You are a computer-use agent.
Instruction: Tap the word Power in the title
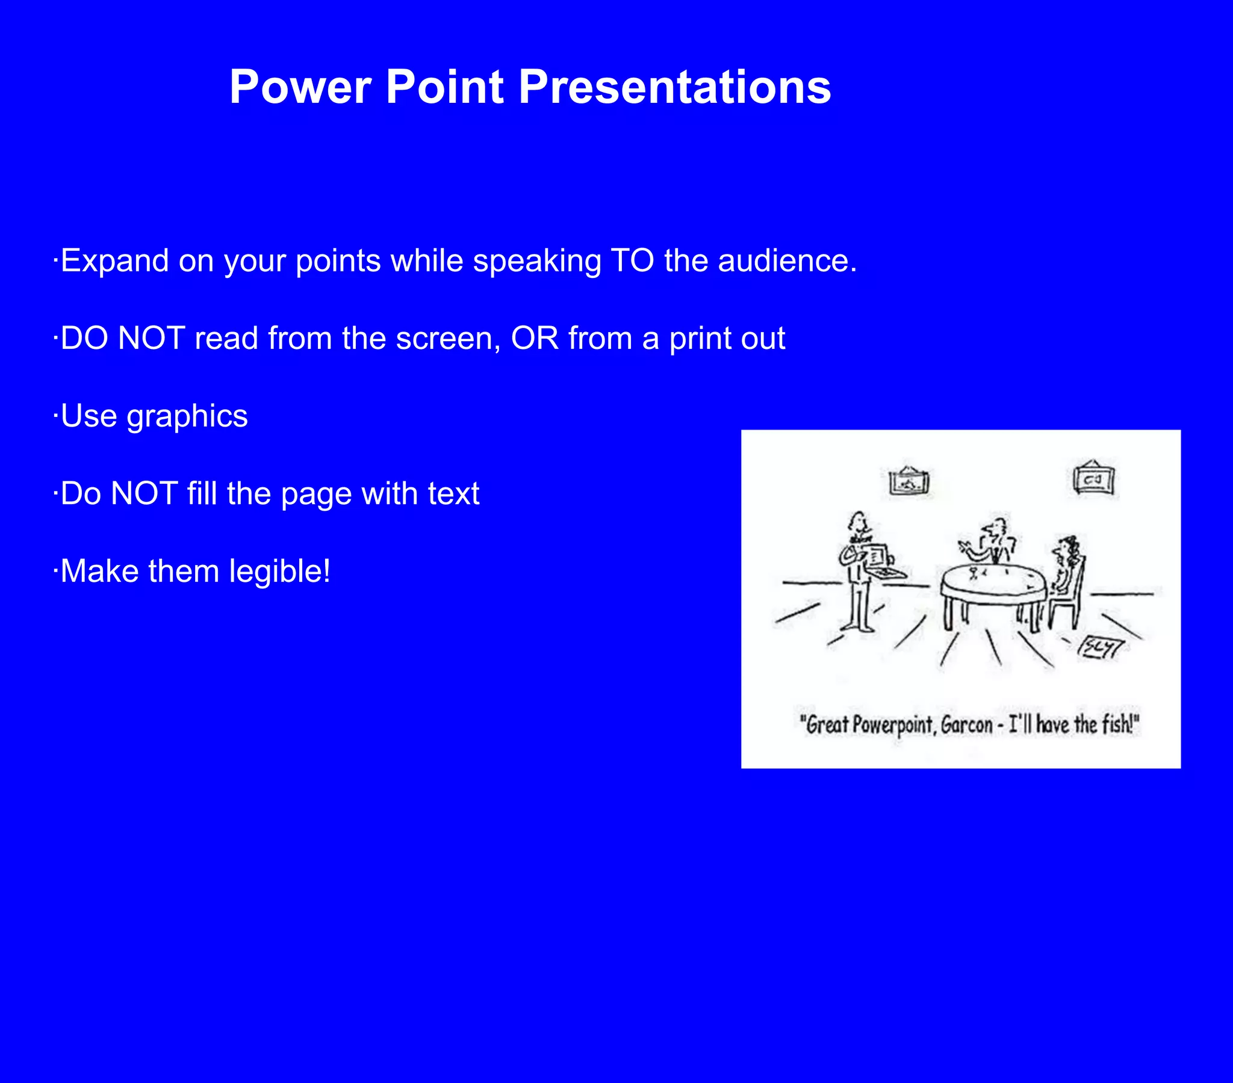click(x=300, y=87)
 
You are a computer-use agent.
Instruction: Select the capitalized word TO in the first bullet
click(x=632, y=261)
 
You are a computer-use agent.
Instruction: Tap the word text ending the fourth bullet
click(x=453, y=494)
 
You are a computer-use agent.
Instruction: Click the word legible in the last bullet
click(x=275, y=571)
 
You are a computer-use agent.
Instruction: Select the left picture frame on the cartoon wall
click(x=909, y=481)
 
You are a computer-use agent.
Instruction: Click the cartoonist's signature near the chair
click(x=1101, y=648)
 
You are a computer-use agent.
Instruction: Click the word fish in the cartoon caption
click(x=1117, y=724)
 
